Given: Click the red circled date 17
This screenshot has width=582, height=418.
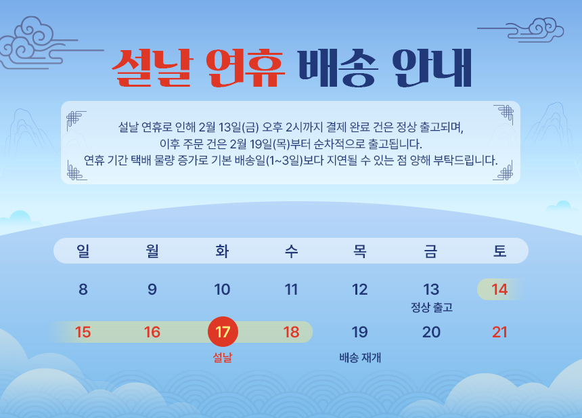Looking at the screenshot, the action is (223, 331).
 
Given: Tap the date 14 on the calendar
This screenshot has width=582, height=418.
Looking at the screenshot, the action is (499, 289).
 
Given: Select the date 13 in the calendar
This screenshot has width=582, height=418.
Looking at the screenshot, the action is (431, 289).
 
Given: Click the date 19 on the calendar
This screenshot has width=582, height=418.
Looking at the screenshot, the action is (359, 332).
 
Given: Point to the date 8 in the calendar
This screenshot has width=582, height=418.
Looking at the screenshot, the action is (83, 289).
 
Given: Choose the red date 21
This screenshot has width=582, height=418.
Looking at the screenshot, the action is (499, 332).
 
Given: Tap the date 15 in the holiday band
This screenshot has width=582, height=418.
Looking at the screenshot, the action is (83, 332).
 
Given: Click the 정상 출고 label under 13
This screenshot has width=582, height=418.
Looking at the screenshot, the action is (432, 308).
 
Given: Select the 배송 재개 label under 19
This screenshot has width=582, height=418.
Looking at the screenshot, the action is (360, 358).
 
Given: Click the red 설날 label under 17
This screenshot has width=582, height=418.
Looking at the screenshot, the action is (223, 358).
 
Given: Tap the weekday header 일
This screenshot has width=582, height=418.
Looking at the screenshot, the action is (83, 251).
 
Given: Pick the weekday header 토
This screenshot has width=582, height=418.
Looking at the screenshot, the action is (499, 251).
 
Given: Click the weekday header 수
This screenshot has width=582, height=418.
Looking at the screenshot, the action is (292, 251).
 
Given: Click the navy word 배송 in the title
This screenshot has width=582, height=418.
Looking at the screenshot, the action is (338, 68).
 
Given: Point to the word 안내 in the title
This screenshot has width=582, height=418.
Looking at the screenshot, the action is (432, 68).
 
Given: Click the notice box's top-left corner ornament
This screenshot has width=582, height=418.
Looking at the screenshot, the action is (76, 120).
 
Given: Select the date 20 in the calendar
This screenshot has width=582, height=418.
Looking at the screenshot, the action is (431, 332).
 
